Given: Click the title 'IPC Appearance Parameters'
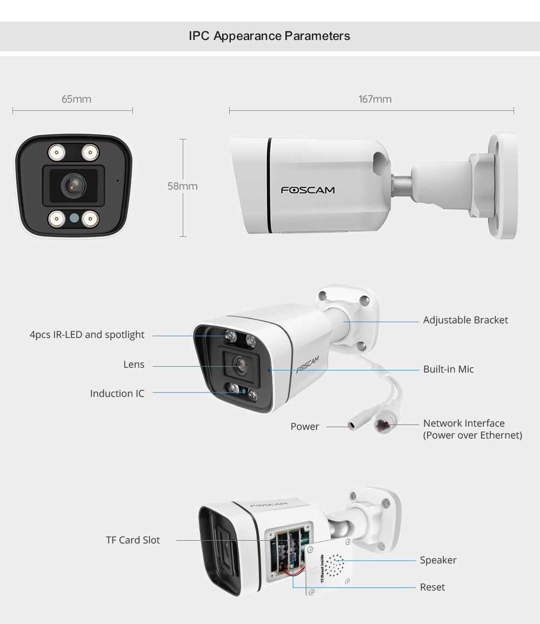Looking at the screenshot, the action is click(269, 36).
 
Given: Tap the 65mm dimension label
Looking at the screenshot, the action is click(76, 99).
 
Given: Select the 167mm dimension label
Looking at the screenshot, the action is click(375, 99).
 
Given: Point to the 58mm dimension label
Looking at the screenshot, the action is click(182, 186).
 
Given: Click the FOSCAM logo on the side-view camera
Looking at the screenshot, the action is click(308, 190).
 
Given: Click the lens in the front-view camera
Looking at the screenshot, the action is click(74, 185).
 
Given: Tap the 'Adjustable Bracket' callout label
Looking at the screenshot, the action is click(465, 320).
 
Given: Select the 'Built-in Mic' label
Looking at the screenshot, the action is click(449, 369).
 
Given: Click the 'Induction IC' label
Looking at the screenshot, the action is click(117, 394).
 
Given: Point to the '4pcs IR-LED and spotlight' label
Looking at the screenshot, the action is click(87, 335).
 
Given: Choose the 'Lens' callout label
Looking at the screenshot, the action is click(134, 364).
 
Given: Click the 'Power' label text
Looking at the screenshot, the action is click(305, 427).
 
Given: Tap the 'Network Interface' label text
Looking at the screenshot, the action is click(464, 423).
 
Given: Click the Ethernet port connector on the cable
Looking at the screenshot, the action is click(383, 425).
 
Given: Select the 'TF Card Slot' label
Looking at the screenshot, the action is click(133, 540).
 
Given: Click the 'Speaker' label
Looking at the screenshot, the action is click(438, 560).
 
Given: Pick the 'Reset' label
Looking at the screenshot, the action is click(432, 587).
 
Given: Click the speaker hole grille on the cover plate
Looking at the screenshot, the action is click(334, 565).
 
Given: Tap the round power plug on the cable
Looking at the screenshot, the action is click(353, 426).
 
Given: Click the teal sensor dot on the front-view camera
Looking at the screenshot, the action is click(74, 218).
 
